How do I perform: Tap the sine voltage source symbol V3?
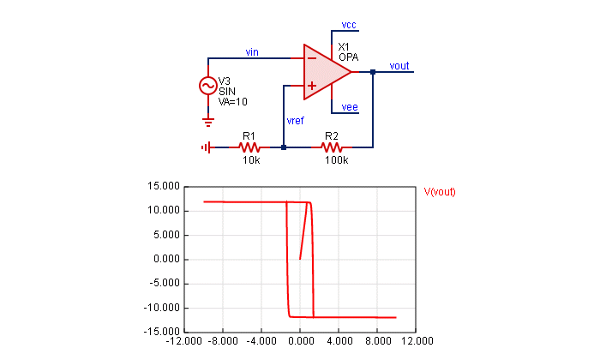point(207,86)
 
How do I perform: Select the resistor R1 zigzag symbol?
point(250,147)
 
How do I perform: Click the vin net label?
point(252,52)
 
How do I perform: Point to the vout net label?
point(399,65)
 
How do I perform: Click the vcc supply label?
point(349,24)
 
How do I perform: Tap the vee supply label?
point(349,107)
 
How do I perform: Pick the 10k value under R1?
point(250,160)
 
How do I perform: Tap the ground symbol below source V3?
point(207,121)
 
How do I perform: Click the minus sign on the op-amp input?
point(311,59)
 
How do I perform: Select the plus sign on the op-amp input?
point(311,86)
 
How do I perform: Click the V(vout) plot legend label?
point(440,192)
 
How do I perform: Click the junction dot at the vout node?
point(373,73)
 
